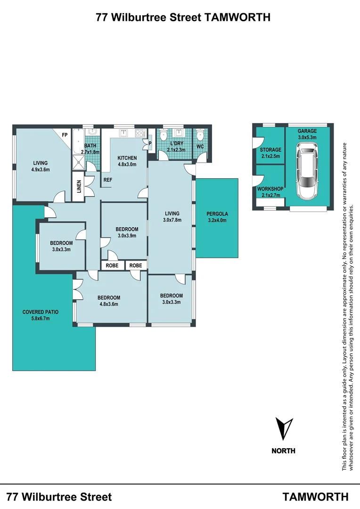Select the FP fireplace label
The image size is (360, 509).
[x=65, y=135]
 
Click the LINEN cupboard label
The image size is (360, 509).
[x=79, y=187]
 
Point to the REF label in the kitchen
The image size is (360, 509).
[x=108, y=180]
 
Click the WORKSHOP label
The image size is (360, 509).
[x=270, y=189]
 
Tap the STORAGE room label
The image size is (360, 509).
[x=270, y=150]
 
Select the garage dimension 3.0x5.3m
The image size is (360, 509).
[x=307, y=137]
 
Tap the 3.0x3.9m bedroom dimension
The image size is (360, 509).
[x=126, y=236]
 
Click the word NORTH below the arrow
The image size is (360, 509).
[x=283, y=451]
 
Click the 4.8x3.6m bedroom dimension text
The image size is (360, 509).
[x=109, y=304]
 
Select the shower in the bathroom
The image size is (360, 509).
[x=77, y=163]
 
